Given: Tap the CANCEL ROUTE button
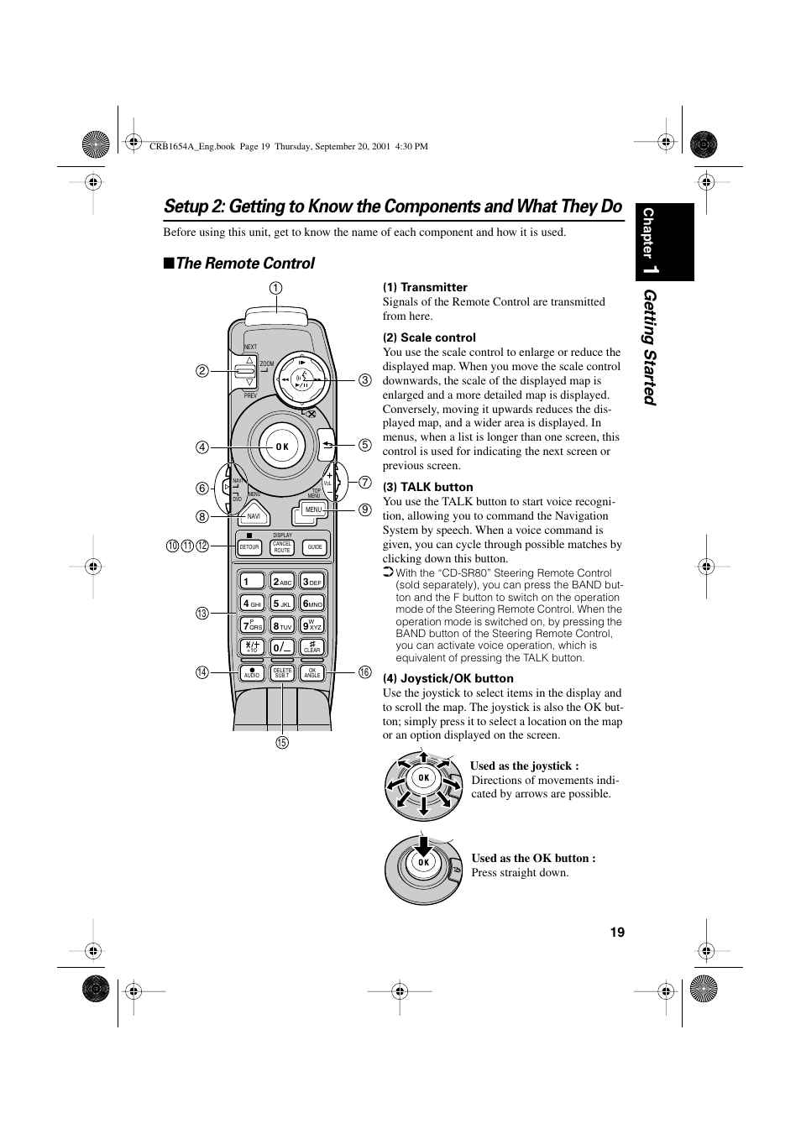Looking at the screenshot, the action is pyautogui.click(x=282, y=547).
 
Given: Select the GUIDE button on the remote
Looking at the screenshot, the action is pyautogui.click(x=315, y=547).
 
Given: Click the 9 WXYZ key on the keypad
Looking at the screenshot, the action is pyautogui.click(x=313, y=625).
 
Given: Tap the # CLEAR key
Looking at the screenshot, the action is pyautogui.click(x=312, y=647).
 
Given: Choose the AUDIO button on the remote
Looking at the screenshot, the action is pyautogui.click(x=252, y=673).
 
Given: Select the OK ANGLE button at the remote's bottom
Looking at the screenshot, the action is pyautogui.click(x=312, y=673).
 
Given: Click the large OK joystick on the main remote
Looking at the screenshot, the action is pyautogui.click(x=282, y=447).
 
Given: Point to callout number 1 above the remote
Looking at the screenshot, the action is pyautogui.click(x=275, y=288).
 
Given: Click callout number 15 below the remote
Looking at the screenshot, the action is pyautogui.click(x=282, y=742).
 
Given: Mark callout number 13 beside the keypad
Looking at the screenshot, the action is pyautogui.click(x=202, y=614).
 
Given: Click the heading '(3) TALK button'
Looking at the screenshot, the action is pyautogui.click(x=427, y=487).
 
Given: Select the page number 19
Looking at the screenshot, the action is pyautogui.click(x=617, y=933).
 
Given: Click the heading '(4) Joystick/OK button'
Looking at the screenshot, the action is pyautogui.click(x=448, y=678).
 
